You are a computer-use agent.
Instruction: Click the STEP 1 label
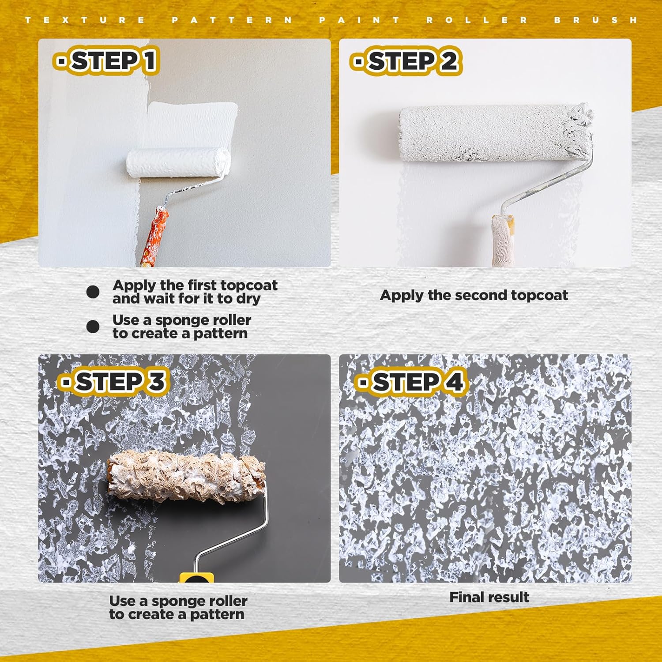[x=106, y=60]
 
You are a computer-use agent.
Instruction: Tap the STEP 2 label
[x=406, y=61]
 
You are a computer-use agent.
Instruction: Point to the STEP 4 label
[x=410, y=382]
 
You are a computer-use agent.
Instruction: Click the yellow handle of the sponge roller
[x=196, y=578]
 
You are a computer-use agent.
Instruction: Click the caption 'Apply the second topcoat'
[x=474, y=295]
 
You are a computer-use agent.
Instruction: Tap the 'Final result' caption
[x=489, y=597]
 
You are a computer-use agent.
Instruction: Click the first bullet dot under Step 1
[x=93, y=292]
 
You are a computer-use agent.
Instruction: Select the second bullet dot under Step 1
[x=93, y=327]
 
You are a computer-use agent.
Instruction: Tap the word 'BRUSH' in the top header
[x=596, y=20]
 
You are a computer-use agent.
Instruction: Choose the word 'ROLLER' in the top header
[x=477, y=20]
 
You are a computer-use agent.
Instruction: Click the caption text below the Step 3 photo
[x=178, y=608]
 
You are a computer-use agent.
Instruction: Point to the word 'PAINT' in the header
[x=359, y=20]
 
